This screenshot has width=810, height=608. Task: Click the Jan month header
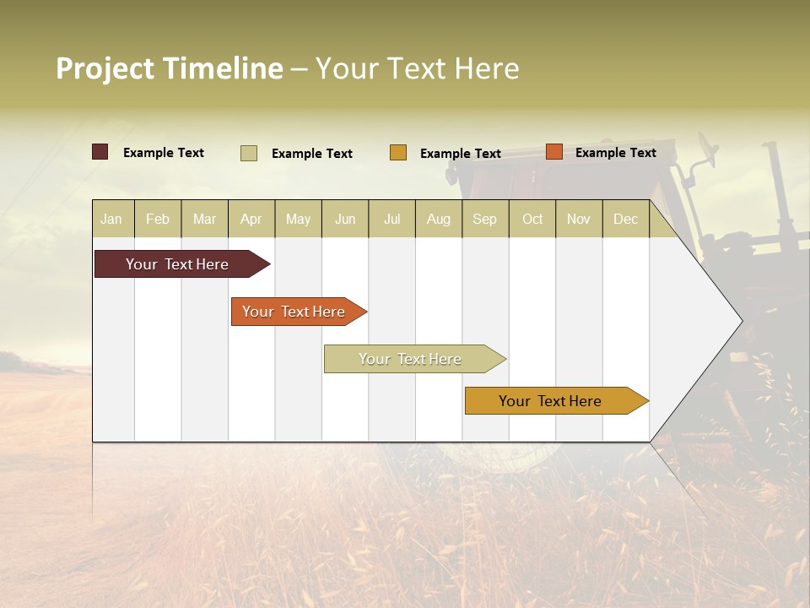[112, 220]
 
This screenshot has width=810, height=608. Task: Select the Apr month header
[251, 220]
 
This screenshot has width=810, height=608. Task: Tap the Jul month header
[391, 220]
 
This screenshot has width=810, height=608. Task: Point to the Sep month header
[484, 220]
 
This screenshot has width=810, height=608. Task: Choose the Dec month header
[625, 220]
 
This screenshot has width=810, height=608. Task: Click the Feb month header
[158, 220]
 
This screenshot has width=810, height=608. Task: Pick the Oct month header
[532, 220]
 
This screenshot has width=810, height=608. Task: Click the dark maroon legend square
[100, 152]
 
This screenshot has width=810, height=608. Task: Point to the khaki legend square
[249, 153]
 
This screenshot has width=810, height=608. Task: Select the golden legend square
[398, 153]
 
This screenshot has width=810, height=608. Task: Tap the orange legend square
[554, 152]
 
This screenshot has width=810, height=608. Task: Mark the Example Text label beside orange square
[615, 153]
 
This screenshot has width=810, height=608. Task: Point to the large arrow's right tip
[740, 321]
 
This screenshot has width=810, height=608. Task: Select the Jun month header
[345, 220]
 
